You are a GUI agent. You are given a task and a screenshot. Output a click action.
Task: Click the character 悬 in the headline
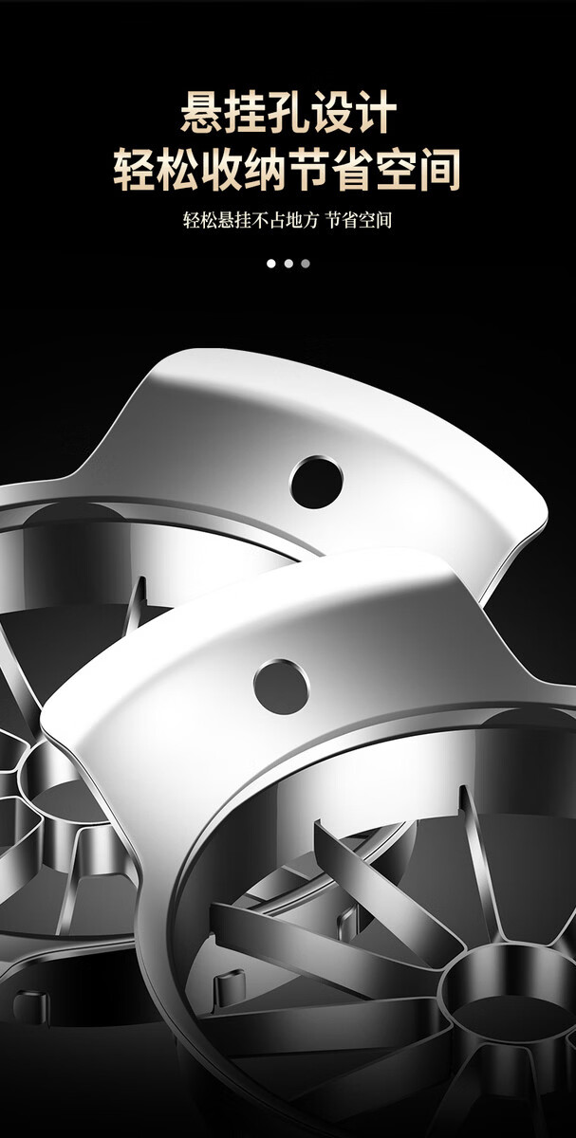coord(202,112)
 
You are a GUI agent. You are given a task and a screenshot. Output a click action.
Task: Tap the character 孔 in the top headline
coord(288,112)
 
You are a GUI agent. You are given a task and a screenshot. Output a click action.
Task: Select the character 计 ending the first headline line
coord(375,112)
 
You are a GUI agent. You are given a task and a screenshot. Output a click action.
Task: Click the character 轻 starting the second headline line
coord(134,169)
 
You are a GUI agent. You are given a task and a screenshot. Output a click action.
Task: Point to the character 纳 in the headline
coord(265,169)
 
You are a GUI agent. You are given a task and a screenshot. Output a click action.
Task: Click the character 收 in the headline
coord(221,169)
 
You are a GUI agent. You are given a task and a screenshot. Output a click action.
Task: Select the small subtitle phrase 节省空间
coord(359,220)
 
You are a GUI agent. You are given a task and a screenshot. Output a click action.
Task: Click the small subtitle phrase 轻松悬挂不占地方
coord(251,220)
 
